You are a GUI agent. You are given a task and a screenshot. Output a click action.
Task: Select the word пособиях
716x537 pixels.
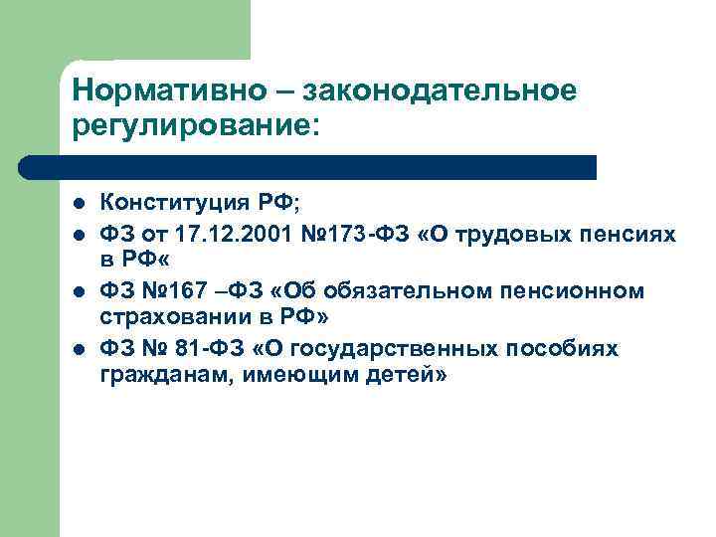(565, 348)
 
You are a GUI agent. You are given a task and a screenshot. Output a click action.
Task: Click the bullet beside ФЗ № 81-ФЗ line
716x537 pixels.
(79, 349)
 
